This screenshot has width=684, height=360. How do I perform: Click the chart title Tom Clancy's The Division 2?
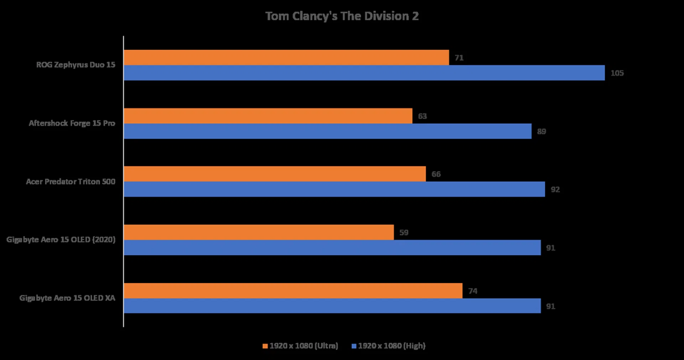[x=342, y=16]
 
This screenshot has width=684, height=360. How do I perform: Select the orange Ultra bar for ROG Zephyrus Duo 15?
[x=286, y=57]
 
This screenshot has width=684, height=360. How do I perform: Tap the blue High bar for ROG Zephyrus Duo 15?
[x=364, y=73]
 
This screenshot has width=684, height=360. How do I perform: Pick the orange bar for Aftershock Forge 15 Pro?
[x=268, y=116]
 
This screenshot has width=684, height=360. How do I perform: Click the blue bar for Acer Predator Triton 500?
[x=334, y=189]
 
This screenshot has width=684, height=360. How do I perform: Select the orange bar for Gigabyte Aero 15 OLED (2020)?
[x=259, y=232]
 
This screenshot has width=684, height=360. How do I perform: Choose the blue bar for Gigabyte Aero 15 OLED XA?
[x=332, y=306]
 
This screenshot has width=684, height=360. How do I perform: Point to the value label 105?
[x=617, y=73]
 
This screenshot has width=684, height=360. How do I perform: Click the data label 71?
[x=459, y=58]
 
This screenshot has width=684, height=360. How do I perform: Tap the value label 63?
[x=422, y=116]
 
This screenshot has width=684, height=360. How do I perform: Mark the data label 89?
[x=541, y=132]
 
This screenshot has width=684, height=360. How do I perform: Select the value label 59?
[x=404, y=233]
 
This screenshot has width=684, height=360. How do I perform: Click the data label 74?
[x=472, y=291]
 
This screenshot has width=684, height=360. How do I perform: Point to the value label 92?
[x=555, y=190]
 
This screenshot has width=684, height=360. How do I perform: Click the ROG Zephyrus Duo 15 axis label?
[x=76, y=65]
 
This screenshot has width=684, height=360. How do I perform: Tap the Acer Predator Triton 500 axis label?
[x=71, y=181]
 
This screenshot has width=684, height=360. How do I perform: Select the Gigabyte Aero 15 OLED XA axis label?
[x=67, y=298]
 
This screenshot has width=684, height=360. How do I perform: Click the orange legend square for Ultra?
[x=265, y=346]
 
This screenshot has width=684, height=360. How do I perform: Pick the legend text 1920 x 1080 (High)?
[x=392, y=346]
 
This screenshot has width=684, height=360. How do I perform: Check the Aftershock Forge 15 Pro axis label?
[x=72, y=123]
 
